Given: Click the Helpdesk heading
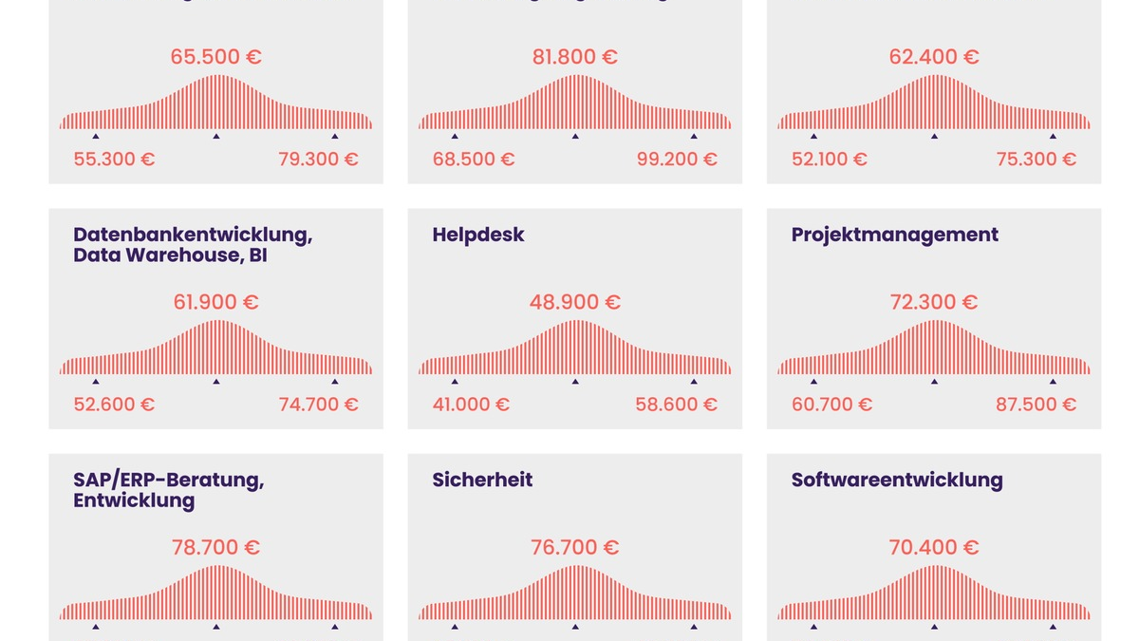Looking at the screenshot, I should [x=478, y=235].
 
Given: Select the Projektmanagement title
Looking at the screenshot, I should [x=894, y=235].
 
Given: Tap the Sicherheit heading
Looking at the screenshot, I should [x=482, y=480].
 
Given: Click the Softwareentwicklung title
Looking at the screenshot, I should [x=897, y=480].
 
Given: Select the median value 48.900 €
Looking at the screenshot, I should [x=574, y=302].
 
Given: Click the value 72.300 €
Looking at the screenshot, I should [x=934, y=302].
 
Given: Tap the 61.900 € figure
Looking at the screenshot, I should [x=215, y=302].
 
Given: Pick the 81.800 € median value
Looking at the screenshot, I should [x=574, y=57].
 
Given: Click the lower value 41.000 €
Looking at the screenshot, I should [x=471, y=405].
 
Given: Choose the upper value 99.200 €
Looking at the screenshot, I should [x=677, y=159].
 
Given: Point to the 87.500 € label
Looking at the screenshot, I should [x=1036, y=405].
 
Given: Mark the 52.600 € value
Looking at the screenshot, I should [x=114, y=405].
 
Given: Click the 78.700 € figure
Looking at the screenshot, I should [x=215, y=548].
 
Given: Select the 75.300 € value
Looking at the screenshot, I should [x=1036, y=159].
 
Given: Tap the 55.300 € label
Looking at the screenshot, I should [x=114, y=159].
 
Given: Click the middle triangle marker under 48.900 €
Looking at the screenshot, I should [x=575, y=382].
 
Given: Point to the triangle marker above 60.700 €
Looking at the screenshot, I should [x=813, y=382].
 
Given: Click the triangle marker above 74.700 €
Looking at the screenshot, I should [x=334, y=382].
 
